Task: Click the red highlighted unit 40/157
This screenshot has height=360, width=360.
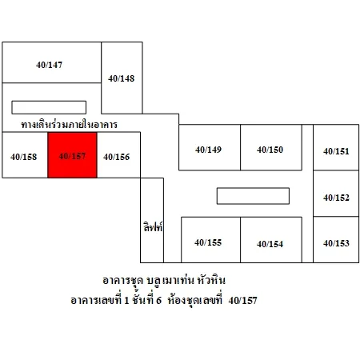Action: pyautogui.click(x=72, y=155)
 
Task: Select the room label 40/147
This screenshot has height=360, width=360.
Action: pyautogui.click(x=50, y=65)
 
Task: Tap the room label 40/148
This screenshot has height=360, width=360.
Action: pyautogui.click(x=122, y=78)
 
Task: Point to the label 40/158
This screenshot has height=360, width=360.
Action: pyautogui.click(x=24, y=157)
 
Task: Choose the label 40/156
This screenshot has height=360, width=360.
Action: pyautogui.click(x=117, y=157)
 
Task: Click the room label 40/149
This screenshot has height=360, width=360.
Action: pyautogui.click(x=209, y=150)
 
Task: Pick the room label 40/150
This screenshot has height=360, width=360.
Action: pyautogui.click(x=270, y=150)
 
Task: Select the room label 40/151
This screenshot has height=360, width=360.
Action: pyautogui.click(x=336, y=151)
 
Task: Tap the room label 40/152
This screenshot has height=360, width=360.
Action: pyautogui.click(x=336, y=198)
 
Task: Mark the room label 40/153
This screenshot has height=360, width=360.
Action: pyautogui.click(x=336, y=243)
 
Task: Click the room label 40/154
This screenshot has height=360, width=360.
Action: pyautogui.click(x=270, y=244)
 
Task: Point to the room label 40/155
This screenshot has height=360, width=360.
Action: pyautogui.click(x=208, y=242)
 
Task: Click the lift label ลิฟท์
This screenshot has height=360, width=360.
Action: pyautogui.click(x=153, y=226)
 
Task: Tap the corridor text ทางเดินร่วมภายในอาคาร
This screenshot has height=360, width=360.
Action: pyautogui.click(x=70, y=124)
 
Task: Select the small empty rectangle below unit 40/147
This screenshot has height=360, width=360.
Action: pyautogui.click(x=49, y=107)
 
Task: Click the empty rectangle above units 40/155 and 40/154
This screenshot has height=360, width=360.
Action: pyautogui.click(x=253, y=196)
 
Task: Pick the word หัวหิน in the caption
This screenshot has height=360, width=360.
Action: pyautogui.click(x=211, y=280)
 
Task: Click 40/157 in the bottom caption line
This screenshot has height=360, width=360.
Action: pyautogui.click(x=243, y=301)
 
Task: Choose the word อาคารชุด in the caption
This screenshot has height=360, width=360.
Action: pyautogui.click(x=123, y=281)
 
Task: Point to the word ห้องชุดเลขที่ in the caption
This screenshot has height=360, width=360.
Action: pyautogui.click(x=195, y=300)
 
